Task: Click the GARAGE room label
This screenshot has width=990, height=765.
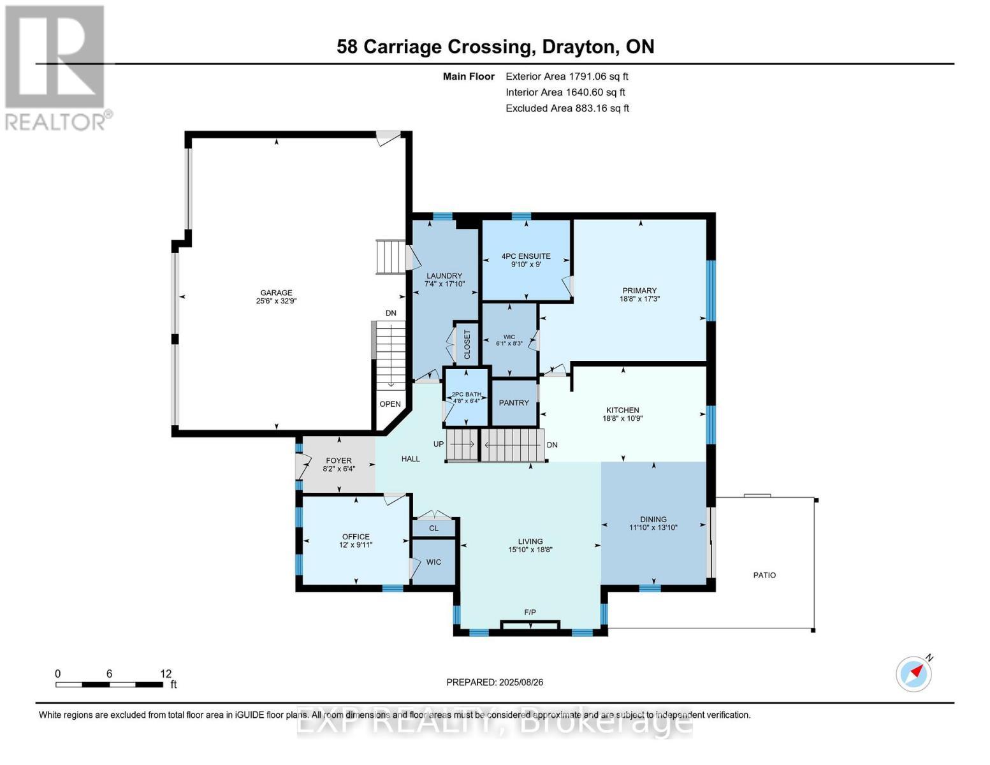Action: (275, 293)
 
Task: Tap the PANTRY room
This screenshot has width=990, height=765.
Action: (514, 403)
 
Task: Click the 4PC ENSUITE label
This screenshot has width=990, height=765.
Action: (525, 256)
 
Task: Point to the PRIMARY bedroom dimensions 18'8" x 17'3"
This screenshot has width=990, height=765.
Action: (639, 298)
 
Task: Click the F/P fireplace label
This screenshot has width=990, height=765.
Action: (530, 612)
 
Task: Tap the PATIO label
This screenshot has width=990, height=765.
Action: (764, 575)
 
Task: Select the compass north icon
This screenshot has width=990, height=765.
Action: (914, 673)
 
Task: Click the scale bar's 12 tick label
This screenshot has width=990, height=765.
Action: (166, 674)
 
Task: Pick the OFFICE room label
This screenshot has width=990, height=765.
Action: (356, 537)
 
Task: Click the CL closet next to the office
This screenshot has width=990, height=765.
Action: (433, 528)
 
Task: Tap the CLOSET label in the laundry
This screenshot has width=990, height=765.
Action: (467, 344)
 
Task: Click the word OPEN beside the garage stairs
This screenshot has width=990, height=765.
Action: (390, 404)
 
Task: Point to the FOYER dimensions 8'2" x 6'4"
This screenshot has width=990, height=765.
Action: (338, 469)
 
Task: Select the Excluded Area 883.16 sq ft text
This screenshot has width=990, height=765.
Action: (567, 108)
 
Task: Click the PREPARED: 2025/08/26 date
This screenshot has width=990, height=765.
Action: (495, 682)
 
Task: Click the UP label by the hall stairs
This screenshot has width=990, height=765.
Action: (439, 444)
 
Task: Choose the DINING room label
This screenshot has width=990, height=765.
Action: (653, 519)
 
